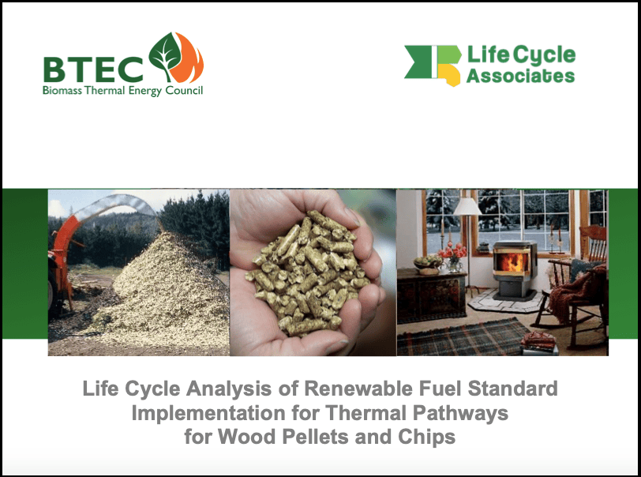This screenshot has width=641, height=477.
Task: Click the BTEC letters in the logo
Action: (x=93, y=70)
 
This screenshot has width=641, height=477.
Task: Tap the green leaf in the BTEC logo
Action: (x=165, y=55)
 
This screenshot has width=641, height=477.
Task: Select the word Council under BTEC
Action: (x=184, y=90)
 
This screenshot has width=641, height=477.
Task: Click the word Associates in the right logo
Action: (x=520, y=76)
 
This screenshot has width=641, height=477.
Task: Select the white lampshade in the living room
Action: (x=467, y=207)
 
